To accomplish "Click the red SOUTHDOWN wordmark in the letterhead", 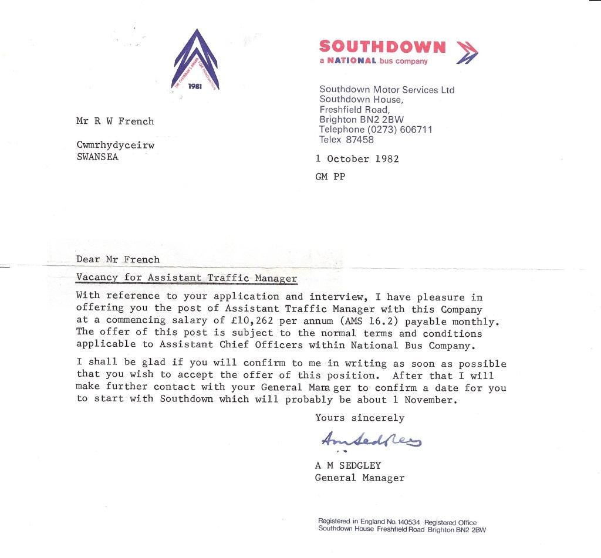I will pyautogui.click(x=382, y=47).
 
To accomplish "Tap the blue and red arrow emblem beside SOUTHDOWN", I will pyautogui.click(x=467, y=52).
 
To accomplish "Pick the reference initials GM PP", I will pyautogui.click(x=330, y=176).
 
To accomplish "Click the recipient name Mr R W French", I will pyautogui.click(x=115, y=121).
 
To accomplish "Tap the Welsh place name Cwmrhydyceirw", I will pyautogui.click(x=115, y=146).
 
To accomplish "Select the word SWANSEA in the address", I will pyautogui.click(x=97, y=157).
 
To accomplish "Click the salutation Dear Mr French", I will pyautogui.click(x=117, y=259).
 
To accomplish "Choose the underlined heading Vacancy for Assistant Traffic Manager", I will pyautogui.click(x=187, y=278).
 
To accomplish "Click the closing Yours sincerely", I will pyautogui.click(x=360, y=418).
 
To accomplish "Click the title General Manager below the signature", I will pyautogui.click(x=360, y=478).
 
